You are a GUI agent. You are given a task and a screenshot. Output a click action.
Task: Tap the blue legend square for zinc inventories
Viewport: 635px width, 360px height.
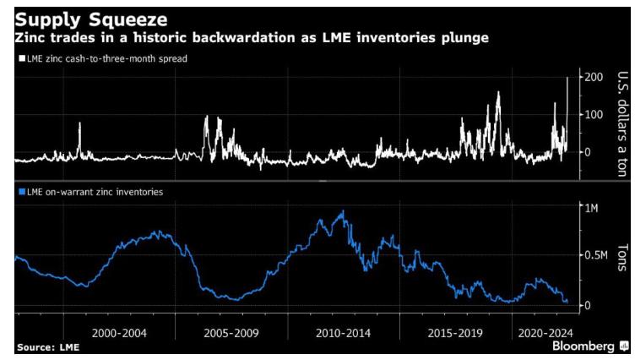tap(19, 193)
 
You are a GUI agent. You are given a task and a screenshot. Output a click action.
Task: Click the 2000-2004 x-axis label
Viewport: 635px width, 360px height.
tap(116, 332)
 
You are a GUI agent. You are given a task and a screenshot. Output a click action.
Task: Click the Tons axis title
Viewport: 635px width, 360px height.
tap(620, 254)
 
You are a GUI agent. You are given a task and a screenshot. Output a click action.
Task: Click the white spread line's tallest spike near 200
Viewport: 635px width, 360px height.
tap(566, 79)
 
